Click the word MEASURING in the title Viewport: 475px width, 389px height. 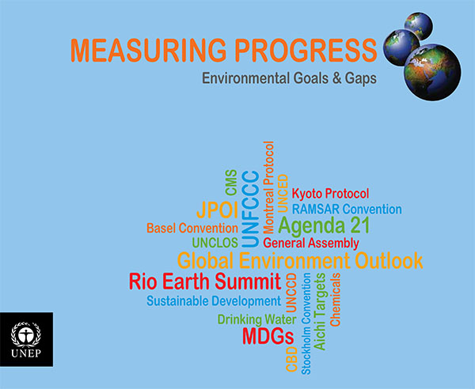pyautogui.click(x=149, y=51)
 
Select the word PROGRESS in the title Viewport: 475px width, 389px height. pyautogui.click(x=306, y=51)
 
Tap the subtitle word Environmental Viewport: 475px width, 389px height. pyautogui.click(x=245, y=78)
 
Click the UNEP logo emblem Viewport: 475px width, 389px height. pyautogui.click(x=26, y=334)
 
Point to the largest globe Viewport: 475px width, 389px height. pyautogui.click(x=432, y=72)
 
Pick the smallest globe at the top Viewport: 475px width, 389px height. pyautogui.click(x=419, y=26)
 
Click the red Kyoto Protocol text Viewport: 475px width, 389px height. pyautogui.click(x=330, y=194)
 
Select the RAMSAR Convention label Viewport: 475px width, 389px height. pyautogui.click(x=347, y=209)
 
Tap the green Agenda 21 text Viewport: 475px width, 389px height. pyautogui.click(x=324, y=225)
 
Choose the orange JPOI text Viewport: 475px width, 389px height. pyautogui.click(x=217, y=210)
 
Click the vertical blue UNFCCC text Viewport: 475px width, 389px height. pyautogui.click(x=250, y=209)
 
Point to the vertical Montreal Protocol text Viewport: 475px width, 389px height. pyautogui.click(x=268, y=187)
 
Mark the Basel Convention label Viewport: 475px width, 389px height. pyautogui.click(x=192, y=228)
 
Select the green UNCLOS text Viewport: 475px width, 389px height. pyautogui.click(x=215, y=243)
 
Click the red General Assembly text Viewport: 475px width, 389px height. pyautogui.click(x=311, y=243)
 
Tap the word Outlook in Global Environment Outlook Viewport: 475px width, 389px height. pyautogui.click(x=389, y=260)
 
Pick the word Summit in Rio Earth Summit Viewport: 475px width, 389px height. pyautogui.click(x=248, y=281)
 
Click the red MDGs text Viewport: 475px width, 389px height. pyautogui.click(x=268, y=336)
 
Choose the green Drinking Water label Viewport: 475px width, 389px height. pyautogui.click(x=256, y=319)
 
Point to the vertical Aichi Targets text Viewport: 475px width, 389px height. pyautogui.click(x=320, y=312)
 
